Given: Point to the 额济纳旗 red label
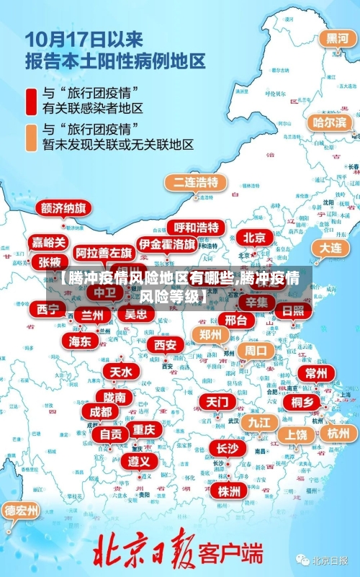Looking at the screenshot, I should pyautogui.click(x=63, y=209).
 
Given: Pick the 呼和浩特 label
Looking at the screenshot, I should pyautogui.click(x=196, y=228).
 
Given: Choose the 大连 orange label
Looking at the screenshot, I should pyautogui.click(x=330, y=248).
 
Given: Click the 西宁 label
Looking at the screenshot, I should pyautogui.click(x=48, y=310).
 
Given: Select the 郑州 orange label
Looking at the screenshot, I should pyautogui.click(x=210, y=334).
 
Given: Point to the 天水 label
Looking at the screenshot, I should pyautogui.click(x=120, y=372).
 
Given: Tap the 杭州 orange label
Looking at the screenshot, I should pyautogui.click(x=338, y=433).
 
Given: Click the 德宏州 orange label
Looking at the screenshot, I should pyautogui.click(x=22, y=511).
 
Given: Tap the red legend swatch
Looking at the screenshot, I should pyautogui.click(x=32, y=101).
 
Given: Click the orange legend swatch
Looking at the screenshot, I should pyautogui.click(x=32, y=137).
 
